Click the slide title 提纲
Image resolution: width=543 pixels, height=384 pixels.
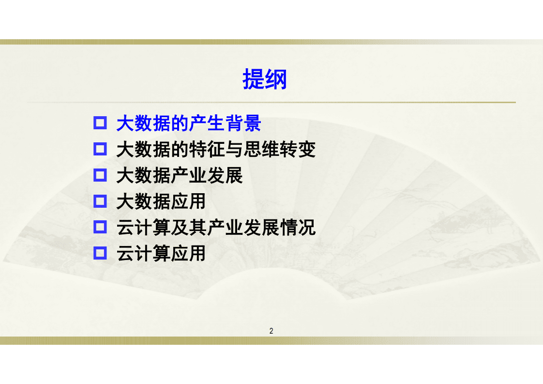265,79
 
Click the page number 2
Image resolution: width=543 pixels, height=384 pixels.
271,331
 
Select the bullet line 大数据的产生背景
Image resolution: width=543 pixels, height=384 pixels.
189,123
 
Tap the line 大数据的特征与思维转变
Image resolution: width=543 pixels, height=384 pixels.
216,150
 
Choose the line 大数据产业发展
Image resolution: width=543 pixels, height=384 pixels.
180,175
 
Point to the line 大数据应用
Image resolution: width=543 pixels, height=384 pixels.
161,201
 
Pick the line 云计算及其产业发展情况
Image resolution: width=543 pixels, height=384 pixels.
216,227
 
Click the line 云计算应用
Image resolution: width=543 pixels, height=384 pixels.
161,253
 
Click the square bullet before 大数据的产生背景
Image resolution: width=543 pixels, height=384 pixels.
100,123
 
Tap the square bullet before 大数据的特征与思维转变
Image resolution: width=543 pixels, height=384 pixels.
100,149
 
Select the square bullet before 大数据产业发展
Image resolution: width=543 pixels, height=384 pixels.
100,175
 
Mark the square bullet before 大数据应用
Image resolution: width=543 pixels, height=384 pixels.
100,201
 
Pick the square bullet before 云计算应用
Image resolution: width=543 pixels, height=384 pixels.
100,253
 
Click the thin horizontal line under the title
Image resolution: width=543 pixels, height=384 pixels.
271,103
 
